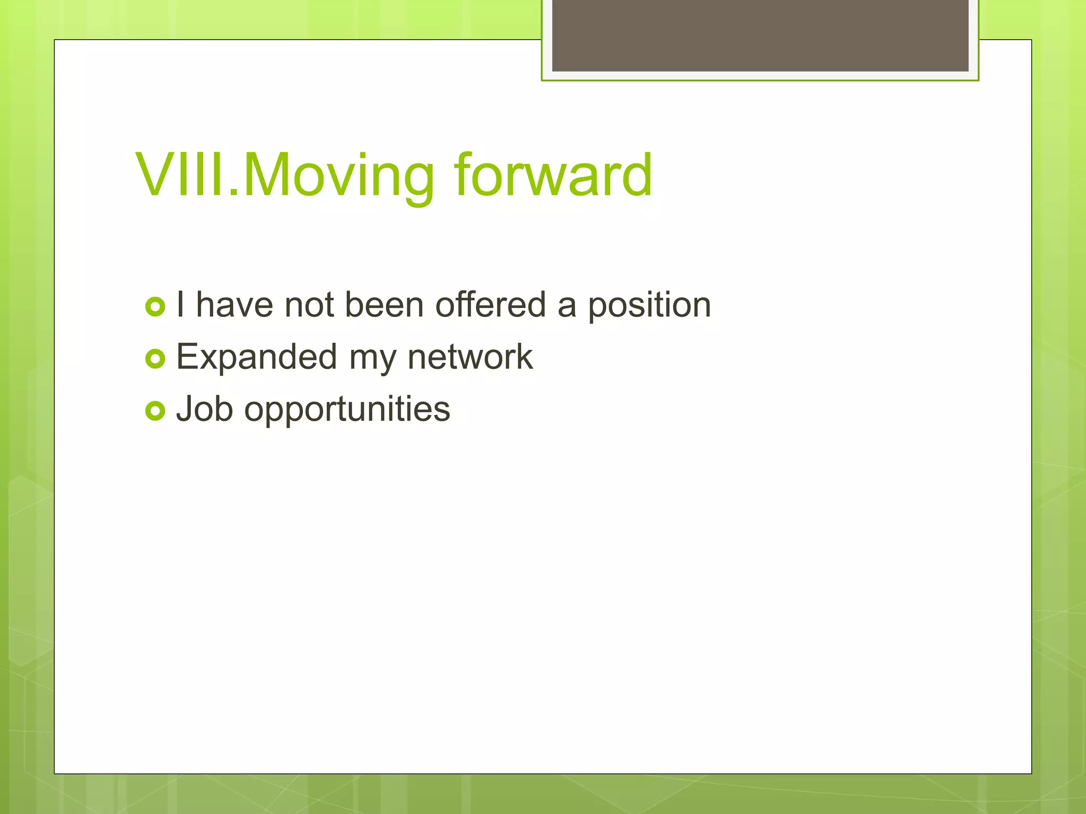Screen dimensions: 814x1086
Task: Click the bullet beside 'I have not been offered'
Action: [x=155, y=307]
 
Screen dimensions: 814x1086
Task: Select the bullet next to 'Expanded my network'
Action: [x=155, y=359]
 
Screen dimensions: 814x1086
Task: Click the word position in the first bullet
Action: [x=649, y=306]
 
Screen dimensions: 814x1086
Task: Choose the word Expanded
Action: [x=256, y=357]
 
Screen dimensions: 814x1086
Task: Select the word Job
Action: [x=204, y=409]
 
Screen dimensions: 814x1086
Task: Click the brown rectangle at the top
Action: [x=760, y=35]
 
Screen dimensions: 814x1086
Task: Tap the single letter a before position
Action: [x=566, y=306]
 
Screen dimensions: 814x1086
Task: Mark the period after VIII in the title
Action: [x=233, y=193]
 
